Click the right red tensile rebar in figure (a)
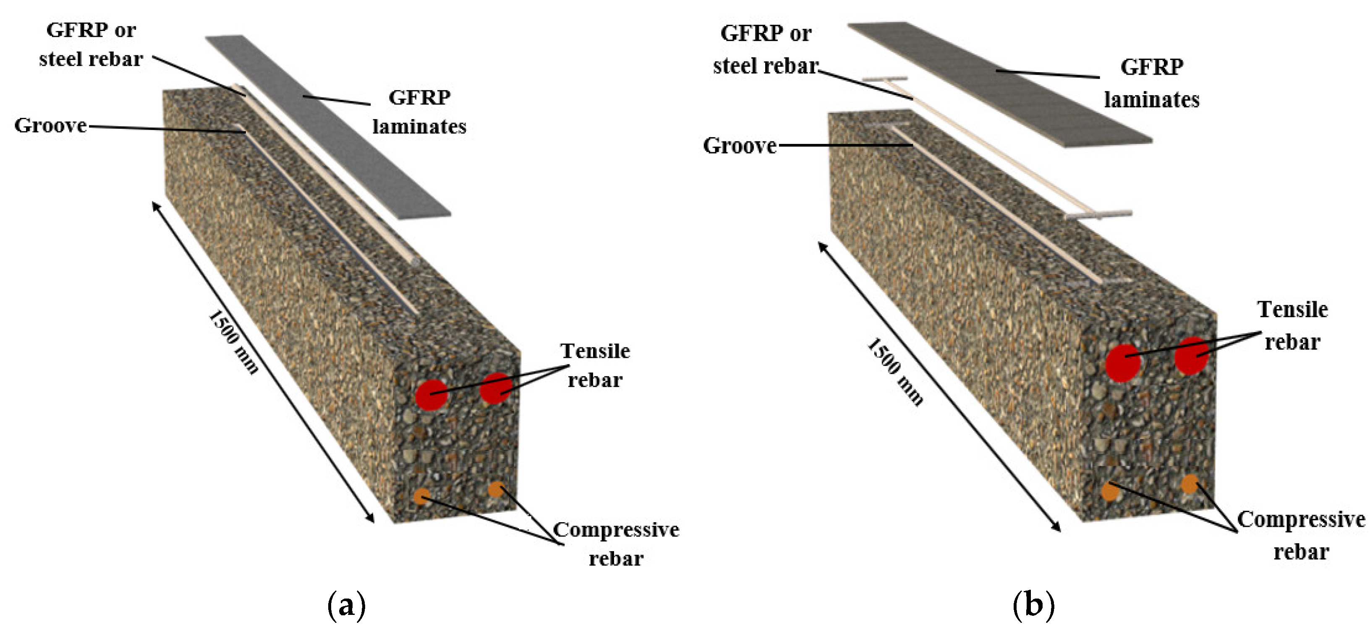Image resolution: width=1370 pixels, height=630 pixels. (x=496, y=388)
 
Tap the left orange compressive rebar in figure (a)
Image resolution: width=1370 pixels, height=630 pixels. (x=421, y=496)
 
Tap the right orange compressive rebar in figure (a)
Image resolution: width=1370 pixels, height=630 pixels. (x=496, y=489)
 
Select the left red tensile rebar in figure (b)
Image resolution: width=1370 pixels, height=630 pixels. (x=1123, y=363)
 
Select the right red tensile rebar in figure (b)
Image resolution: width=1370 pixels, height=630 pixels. (x=1191, y=355)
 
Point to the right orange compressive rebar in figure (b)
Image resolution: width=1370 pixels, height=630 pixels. (x=1190, y=484)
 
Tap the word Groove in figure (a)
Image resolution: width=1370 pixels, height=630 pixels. (x=50, y=126)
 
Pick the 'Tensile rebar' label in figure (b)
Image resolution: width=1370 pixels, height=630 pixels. (x=1292, y=325)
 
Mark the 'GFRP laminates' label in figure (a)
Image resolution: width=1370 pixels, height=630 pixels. (x=419, y=112)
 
